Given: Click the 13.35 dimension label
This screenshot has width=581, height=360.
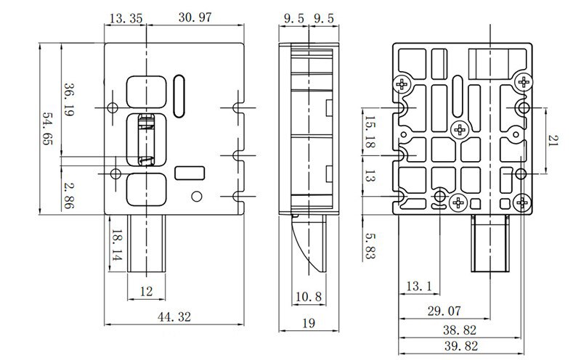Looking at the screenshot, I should (125, 17).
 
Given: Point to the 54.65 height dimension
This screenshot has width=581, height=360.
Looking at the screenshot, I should (49, 128).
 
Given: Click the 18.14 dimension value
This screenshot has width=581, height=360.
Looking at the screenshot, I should (116, 246).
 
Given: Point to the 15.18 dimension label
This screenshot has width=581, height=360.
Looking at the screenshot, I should (370, 133).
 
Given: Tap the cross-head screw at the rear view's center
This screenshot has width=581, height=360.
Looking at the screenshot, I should (459, 130).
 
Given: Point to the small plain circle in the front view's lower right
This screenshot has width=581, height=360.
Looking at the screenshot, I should (195, 197).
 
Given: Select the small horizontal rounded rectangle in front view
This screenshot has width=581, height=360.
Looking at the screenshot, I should (190, 173).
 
